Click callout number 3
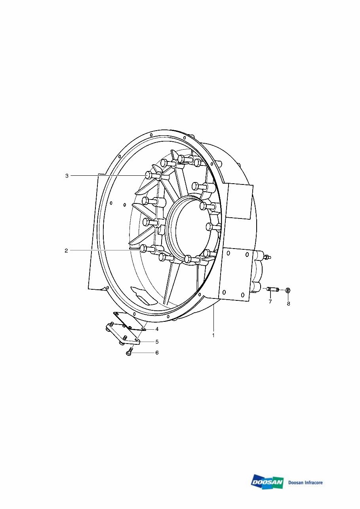(x=67, y=176)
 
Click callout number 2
(x=66, y=251)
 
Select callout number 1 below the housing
(x=213, y=335)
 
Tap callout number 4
(x=157, y=329)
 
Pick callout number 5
(x=157, y=341)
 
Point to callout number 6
(x=157, y=353)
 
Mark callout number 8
(x=288, y=304)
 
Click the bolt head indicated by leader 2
(x=143, y=249)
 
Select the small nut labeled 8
(x=288, y=291)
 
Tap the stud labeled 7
(x=272, y=289)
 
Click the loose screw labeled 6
(x=129, y=351)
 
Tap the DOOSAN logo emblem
(x=267, y=482)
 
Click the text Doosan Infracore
(x=305, y=482)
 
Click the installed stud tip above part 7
(x=268, y=257)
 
